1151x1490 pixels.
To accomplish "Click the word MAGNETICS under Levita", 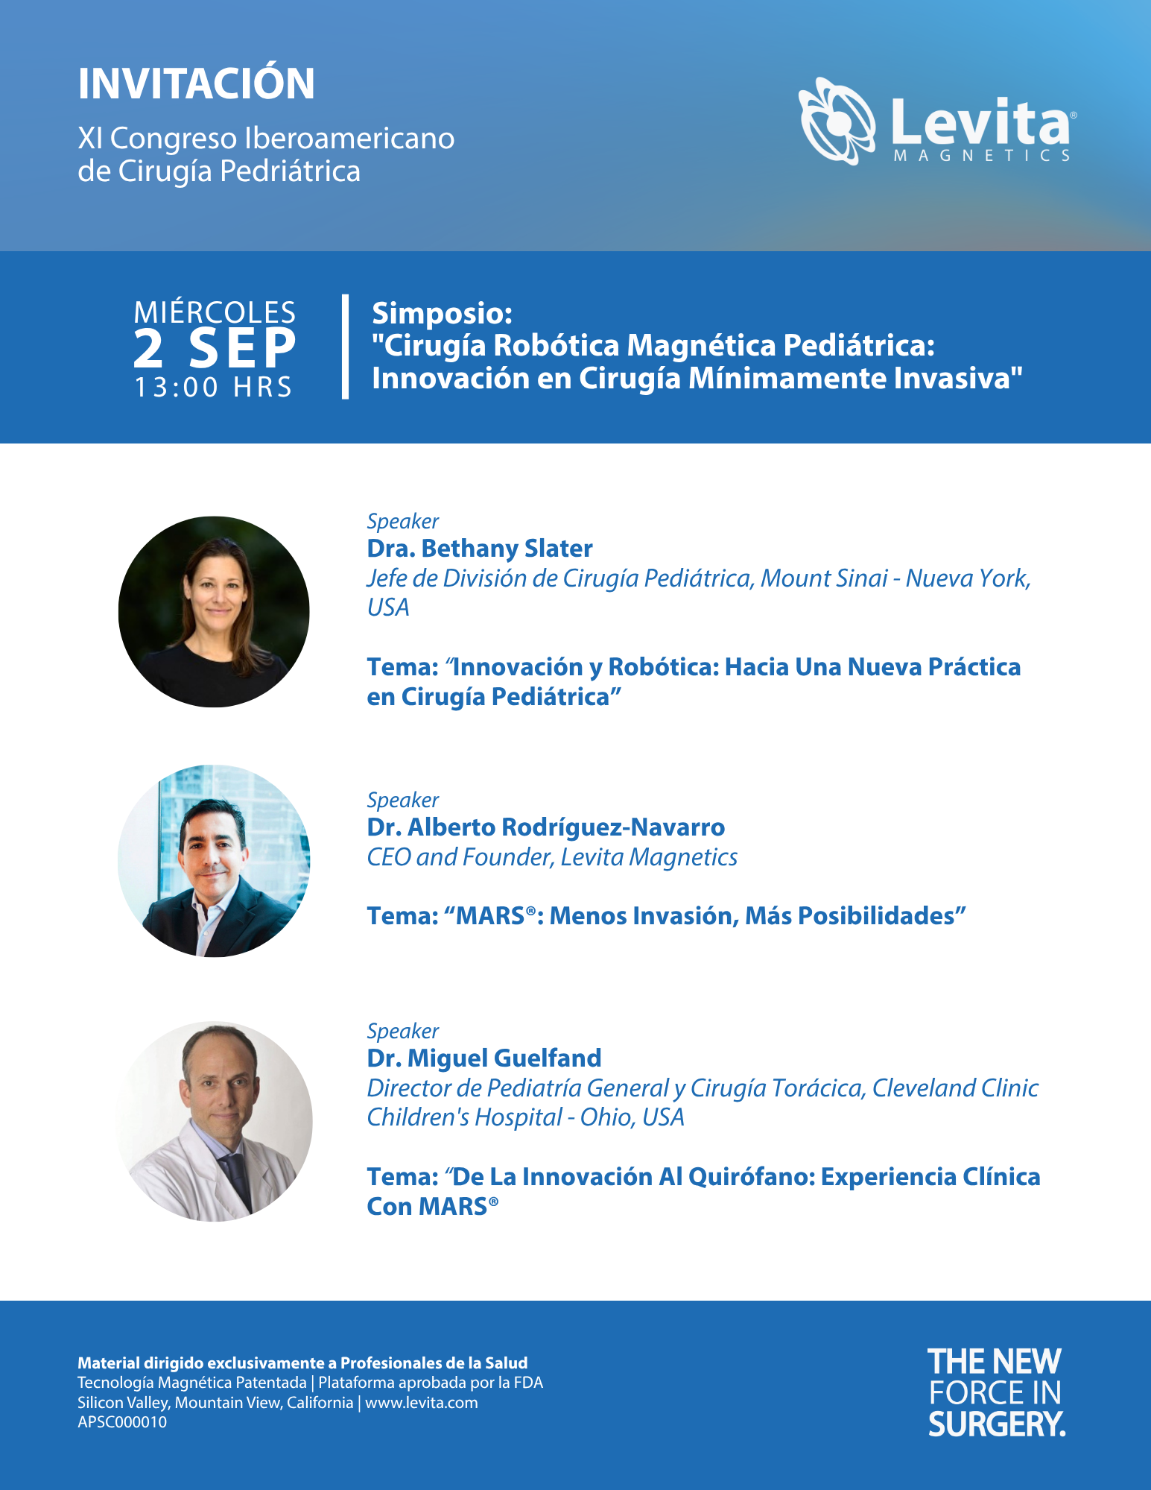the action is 983,156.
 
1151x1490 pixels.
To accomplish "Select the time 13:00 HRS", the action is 214,388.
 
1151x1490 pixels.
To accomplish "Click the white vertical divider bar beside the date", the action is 345,347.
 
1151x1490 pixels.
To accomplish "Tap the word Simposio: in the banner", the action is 443,314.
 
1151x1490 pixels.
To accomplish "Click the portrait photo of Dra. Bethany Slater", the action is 214,612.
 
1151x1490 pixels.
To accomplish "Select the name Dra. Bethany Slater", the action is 480,549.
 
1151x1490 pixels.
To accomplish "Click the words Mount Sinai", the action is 824,578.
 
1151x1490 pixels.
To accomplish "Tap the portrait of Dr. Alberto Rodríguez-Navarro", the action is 214,861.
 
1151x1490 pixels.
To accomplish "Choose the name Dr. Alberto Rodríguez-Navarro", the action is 546,827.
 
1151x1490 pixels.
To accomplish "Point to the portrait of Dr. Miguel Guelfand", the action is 215,1121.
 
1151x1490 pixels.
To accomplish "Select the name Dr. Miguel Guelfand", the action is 484,1058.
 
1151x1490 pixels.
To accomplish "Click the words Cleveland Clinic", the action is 955,1088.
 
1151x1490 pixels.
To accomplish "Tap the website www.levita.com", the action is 422,1403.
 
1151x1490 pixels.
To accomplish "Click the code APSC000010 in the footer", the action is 122,1422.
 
